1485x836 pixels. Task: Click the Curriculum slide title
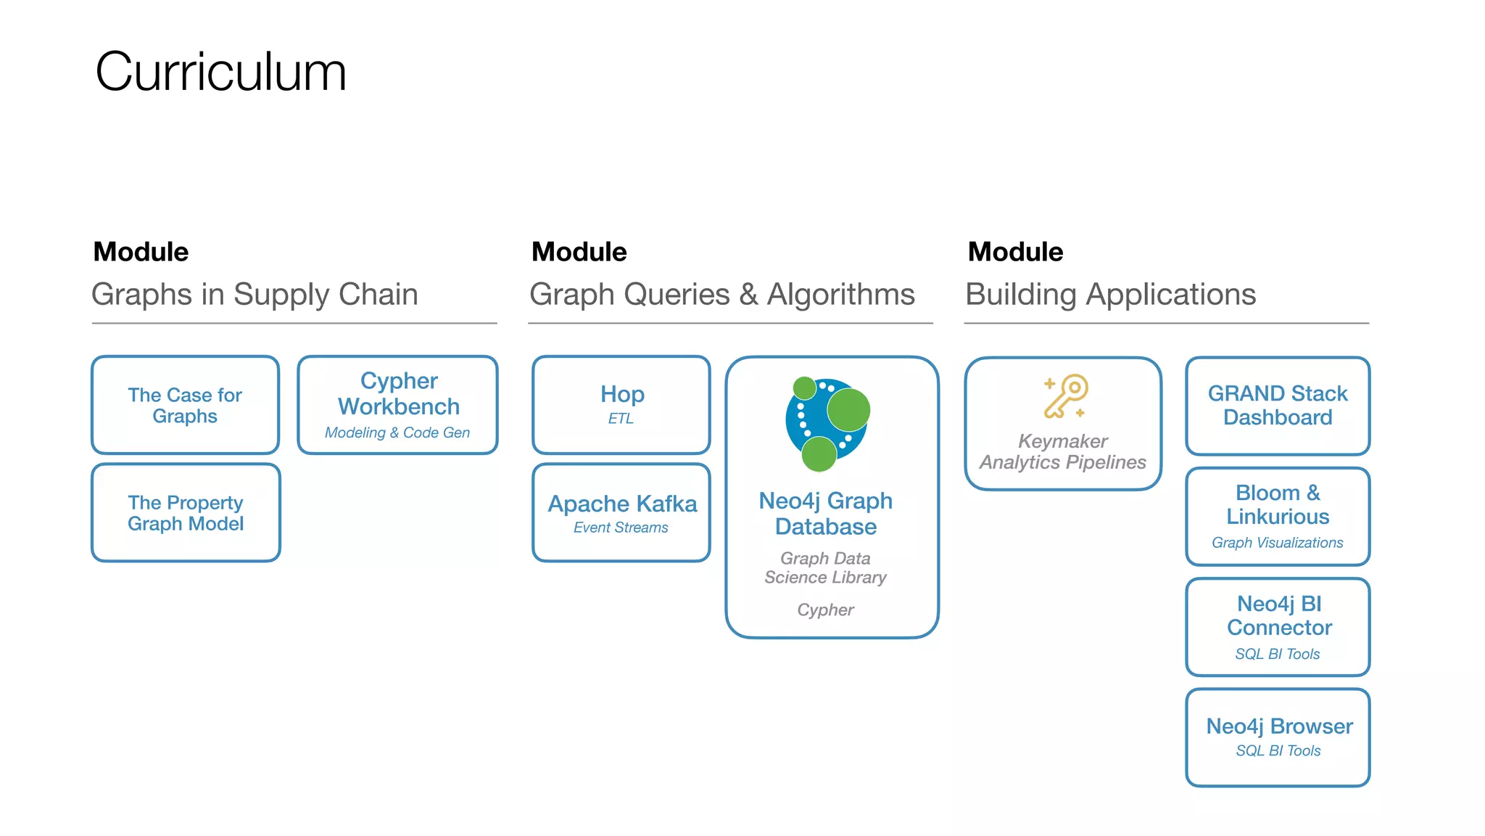click(x=220, y=73)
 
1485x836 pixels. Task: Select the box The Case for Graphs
click(x=185, y=405)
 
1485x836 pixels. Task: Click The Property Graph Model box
click(x=186, y=512)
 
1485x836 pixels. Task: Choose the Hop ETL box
click(x=621, y=404)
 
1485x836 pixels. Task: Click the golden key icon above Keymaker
click(x=1065, y=396)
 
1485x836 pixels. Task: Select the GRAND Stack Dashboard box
click(x=1278, y=405)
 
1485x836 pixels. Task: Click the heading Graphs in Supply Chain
click(x=255, y=295)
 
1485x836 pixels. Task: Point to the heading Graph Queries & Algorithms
click(x=722, y=295)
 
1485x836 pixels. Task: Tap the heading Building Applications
click(x=1110, y=295)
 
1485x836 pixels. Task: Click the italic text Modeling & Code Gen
click(x=397, y=433)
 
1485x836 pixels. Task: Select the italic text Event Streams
click(x=621, y=528)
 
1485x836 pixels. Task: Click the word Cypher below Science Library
click(x=825, y=610)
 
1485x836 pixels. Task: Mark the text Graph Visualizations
click(x=1277, y=543)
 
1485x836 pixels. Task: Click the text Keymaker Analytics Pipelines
click(x=1063, y=452)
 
